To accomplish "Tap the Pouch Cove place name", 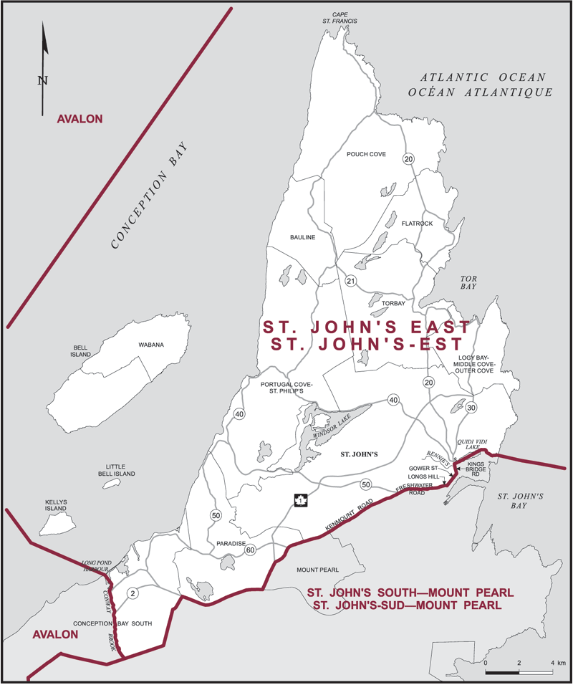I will click(366, 153).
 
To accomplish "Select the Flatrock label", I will click(418, 223).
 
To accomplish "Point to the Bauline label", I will click(303, 237).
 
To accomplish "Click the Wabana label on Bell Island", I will click(151, 345).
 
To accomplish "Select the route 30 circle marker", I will click(471, 407).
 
